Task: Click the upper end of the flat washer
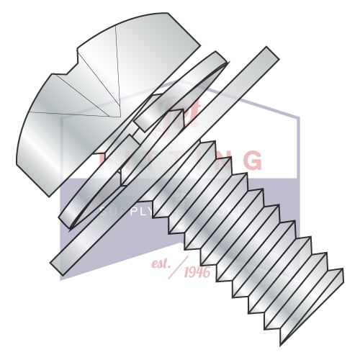click(269, 54)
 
